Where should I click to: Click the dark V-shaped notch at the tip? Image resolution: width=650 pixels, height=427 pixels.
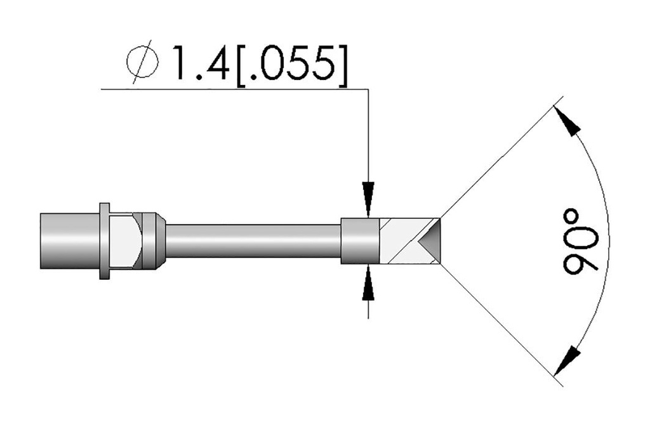[x=430, y=240]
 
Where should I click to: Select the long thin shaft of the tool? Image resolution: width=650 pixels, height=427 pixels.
[x=253, y=241]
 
